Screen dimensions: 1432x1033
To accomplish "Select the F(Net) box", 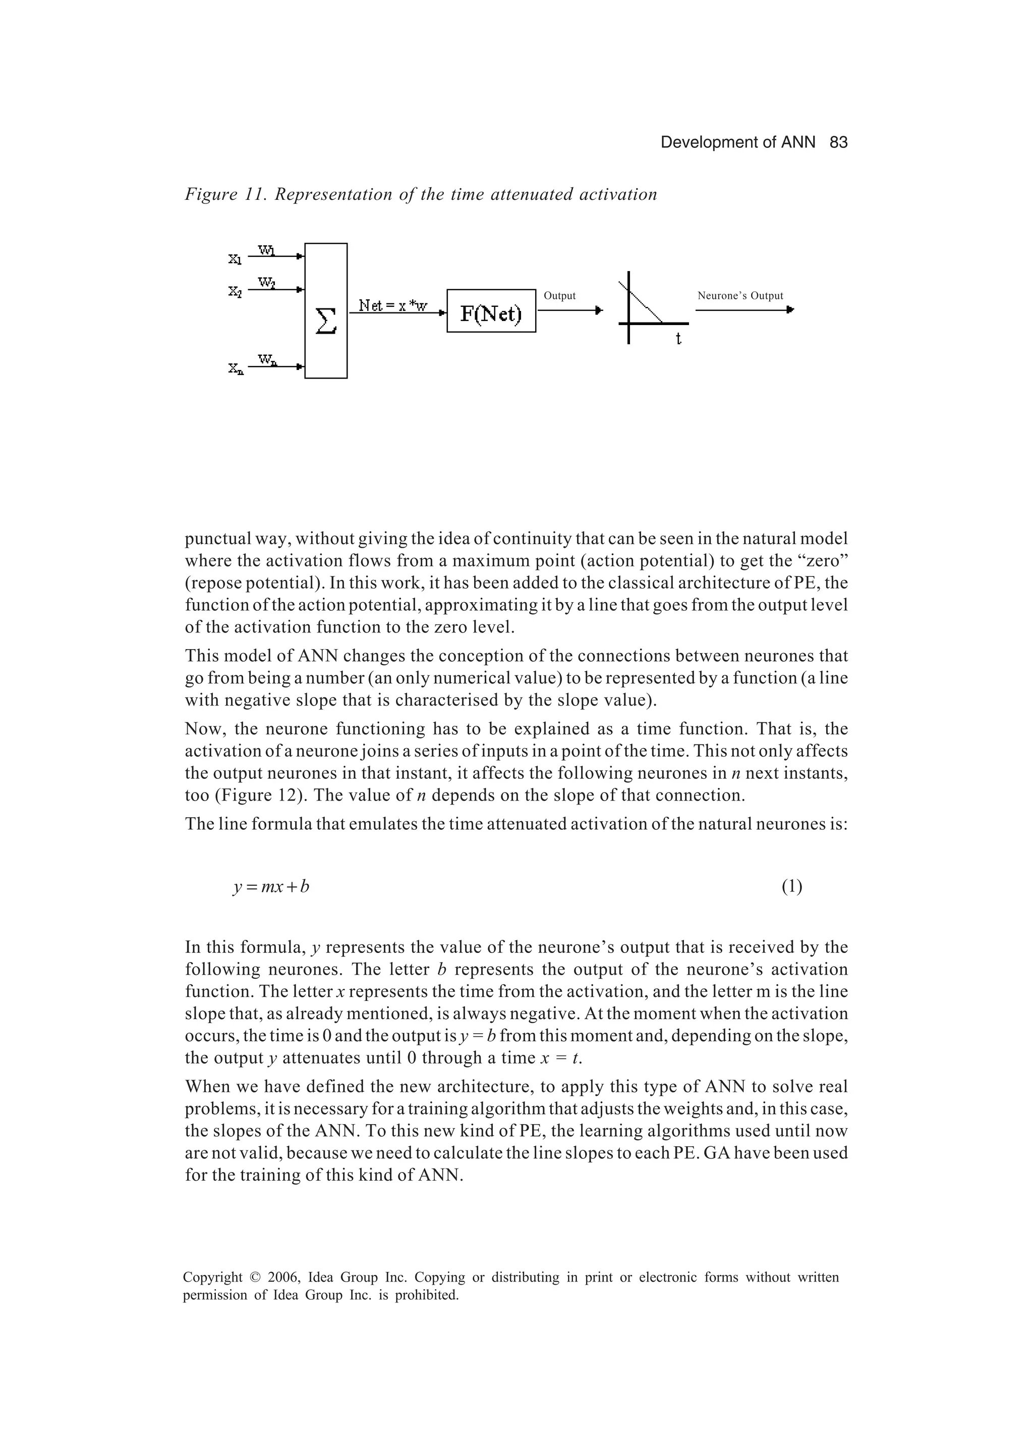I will [x=491, y=310].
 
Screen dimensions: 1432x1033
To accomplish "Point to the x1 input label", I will [x=235, y=259].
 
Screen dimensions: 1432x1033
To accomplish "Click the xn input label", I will [x=236, y=368].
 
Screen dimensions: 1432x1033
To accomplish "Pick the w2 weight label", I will [x=266, y=282].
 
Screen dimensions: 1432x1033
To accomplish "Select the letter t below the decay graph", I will [x=678, y=339].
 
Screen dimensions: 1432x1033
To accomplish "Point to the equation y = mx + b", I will [x=271, y=887].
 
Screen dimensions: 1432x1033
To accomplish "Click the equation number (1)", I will [x=792, y=887].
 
